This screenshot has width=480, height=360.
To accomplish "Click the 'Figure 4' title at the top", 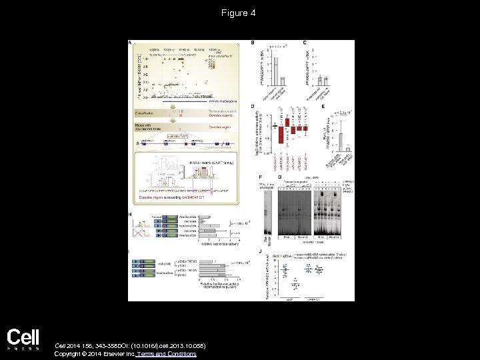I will click(239, 13).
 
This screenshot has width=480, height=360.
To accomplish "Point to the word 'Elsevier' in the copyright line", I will click(109, 354).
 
